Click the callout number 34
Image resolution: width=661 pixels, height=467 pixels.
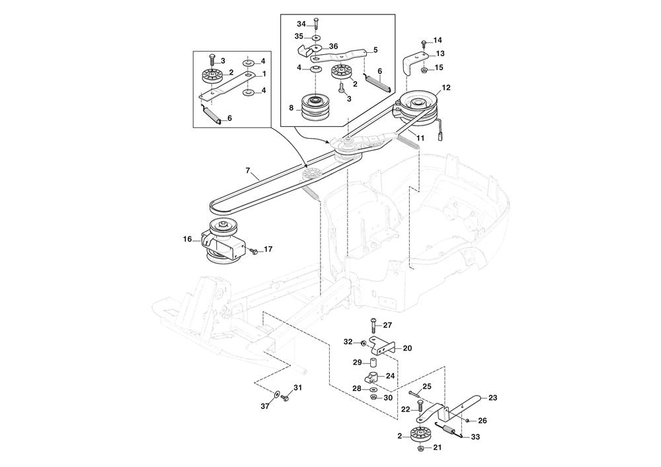point(301,24)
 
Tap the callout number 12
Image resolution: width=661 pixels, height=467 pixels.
point(446,87)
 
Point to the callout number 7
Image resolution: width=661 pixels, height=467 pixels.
point(248,170)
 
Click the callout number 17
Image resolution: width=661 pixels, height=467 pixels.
point(268,249)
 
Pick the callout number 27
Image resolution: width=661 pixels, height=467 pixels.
point(387,325)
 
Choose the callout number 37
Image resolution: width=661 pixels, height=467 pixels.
point(265,407)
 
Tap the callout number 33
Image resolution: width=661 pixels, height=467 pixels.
point(475,437)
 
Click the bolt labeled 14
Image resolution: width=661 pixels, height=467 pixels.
point(424,43)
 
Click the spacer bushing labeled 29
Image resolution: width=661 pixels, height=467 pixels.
point(373,363)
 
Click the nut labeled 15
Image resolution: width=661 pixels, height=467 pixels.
point(423,68)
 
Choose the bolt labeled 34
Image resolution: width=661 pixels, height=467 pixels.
point(317,25)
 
